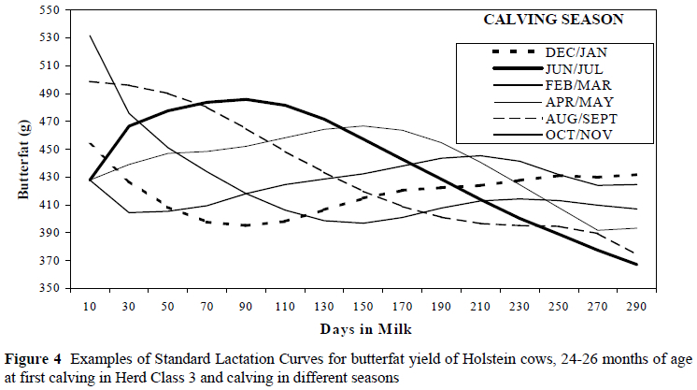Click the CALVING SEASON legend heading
click(566, 19)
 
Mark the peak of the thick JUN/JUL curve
click(245, 99)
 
